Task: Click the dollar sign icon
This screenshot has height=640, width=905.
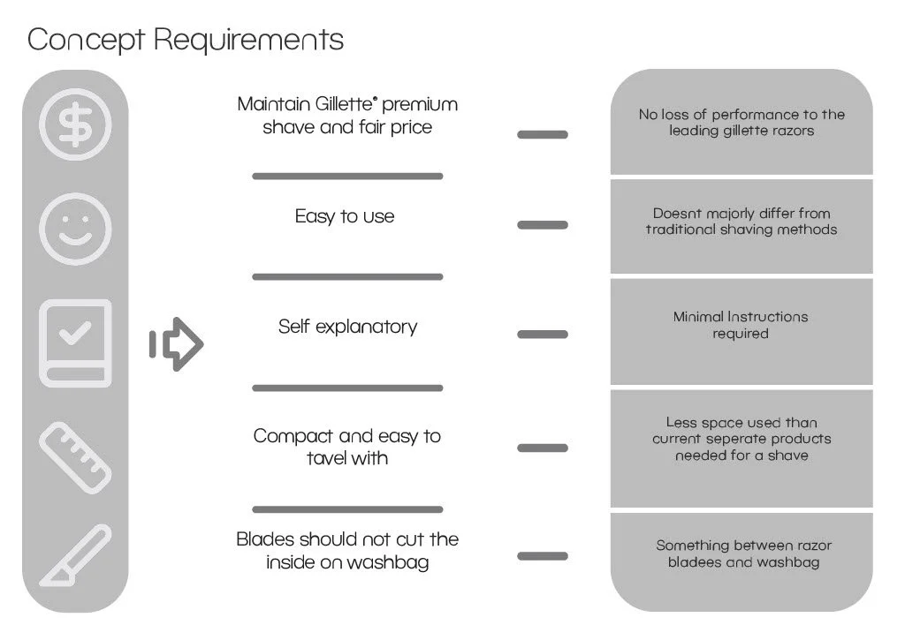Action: (76, 124)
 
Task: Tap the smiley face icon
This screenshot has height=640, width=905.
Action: (76, 229)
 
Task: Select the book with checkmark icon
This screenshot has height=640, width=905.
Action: (76, 343)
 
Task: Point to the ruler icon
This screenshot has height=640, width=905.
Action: (76, 456)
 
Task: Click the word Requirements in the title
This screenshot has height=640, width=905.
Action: (248, 40)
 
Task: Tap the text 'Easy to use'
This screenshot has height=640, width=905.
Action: (345, 216)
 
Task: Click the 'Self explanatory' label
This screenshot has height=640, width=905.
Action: (347, 327)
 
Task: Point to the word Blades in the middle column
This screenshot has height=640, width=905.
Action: (266, 539)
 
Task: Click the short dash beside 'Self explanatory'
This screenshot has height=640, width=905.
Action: (543, 335)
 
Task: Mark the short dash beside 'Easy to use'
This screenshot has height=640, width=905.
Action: (543, 225)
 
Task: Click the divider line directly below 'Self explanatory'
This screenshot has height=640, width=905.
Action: (347, 388)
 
